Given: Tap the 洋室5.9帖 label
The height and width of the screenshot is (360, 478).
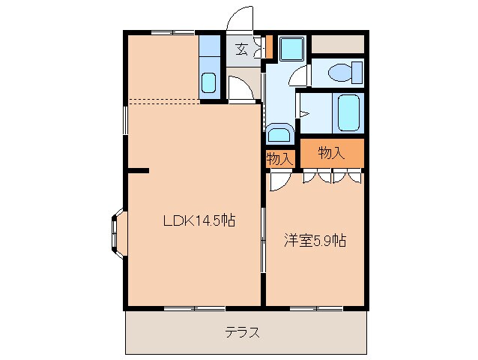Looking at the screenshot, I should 315,241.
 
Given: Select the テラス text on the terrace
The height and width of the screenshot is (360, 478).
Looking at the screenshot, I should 243,333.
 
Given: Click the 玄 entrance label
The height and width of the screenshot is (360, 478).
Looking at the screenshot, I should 241,49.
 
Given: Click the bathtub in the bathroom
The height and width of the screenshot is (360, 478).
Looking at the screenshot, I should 349,112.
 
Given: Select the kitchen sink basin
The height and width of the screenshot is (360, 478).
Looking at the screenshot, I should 209,82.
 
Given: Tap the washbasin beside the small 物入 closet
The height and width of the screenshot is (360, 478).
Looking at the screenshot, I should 280,134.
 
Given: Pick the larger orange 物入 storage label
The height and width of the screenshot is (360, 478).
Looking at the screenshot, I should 331,153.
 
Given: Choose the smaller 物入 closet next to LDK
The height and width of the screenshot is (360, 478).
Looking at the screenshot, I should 279,159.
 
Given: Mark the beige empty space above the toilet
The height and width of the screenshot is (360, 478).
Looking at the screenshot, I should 338,43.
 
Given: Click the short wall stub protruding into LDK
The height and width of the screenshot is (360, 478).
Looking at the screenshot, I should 138,171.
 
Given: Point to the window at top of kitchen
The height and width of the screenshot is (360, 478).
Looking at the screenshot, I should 172,32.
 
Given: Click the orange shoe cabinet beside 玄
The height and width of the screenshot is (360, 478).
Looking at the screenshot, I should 267,46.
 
